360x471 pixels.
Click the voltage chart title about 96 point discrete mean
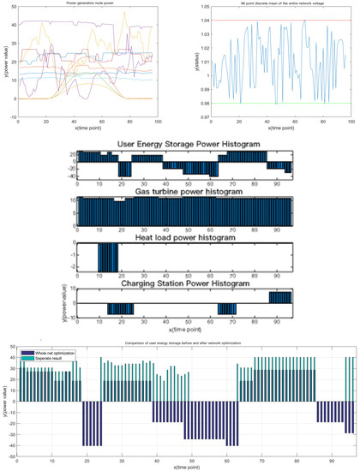click(272, 4)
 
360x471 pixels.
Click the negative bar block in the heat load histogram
click(108, 257)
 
